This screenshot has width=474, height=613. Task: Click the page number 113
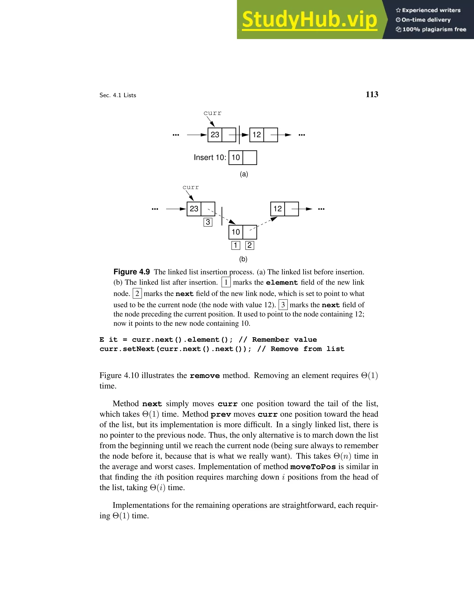pyautogui.click(x=371, y=95)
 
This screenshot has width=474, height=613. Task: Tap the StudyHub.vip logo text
pyautogui.click(x=309, y=20)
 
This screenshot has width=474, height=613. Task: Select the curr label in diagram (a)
pyautogui.click(x=212, y=113)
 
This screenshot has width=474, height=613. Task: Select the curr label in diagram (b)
pyautogui.click(x=190, y=187)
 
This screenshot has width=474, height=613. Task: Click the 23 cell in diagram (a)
pyautogui.click(x=215, y=135)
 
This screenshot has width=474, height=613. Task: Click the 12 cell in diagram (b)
pyautogui.click(x=278, y=209)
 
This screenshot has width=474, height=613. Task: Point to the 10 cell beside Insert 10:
pyautogui.click(x=236, y=158)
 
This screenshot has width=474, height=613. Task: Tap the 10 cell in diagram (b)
pyautogui.click(x=236, y=232)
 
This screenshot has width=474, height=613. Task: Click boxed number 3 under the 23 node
pyautogui.click(x=208, y=222)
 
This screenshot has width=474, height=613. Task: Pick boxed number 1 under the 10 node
pyautogui.click(x=236, y=245)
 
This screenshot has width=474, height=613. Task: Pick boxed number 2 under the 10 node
pyautogui.click(x=249, y=245)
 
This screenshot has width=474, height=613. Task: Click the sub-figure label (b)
pyautogui.click(x=243, y=259)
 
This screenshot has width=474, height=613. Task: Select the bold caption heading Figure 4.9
pyautogui.click(x=131, y=272)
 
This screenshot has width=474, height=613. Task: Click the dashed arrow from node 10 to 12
pyautogui.click(x=264, y=223)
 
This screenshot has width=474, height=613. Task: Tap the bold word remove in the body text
pyautogui.click(x=205, y=376)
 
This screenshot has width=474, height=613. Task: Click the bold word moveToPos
pyautogui.click(x=313, y=467)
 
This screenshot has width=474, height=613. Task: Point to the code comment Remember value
pyautogui.click(x=284, y=340)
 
